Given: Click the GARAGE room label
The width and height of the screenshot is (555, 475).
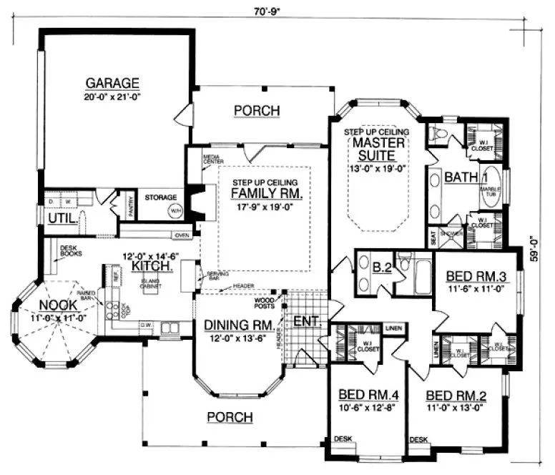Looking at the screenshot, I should (111, 81).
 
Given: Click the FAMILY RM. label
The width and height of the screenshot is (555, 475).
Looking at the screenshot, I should (266, 192).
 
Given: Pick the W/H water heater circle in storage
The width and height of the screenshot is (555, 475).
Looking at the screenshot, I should (175, 210).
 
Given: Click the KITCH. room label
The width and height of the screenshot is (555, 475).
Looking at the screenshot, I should (149, 265).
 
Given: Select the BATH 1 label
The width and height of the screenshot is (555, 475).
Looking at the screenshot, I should (465, 177).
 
